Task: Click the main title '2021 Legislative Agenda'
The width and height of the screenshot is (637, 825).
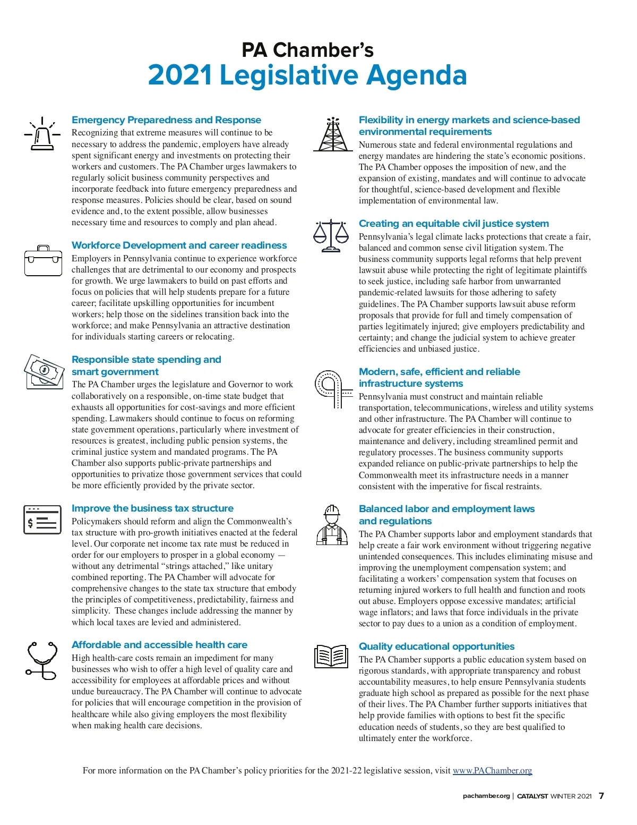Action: [307, 75]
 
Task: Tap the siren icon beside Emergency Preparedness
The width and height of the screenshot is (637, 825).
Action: [42, 134]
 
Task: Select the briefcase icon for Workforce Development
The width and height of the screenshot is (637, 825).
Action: [43, 261]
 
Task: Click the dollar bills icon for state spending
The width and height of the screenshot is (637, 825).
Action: [44, 371]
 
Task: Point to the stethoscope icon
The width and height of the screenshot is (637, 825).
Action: [42, 660]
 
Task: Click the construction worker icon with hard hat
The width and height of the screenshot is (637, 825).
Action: [332, 525]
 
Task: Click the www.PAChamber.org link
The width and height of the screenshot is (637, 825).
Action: [492, 770]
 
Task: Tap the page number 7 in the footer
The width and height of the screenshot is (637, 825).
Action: [601, 796]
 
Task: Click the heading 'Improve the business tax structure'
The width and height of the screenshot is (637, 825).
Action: [152, 508]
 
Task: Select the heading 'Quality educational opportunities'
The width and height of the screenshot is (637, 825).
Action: [436, 646]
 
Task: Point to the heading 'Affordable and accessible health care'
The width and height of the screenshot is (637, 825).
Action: [159, 644]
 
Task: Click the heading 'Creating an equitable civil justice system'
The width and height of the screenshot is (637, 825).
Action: [454, 224]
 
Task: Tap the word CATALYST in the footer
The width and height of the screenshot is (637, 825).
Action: [532, 796]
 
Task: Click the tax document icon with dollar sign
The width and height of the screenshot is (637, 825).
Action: [42, 520]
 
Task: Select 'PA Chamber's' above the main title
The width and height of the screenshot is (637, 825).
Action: [307, 50]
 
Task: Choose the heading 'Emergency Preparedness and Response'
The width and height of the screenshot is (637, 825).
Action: [166, 120]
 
